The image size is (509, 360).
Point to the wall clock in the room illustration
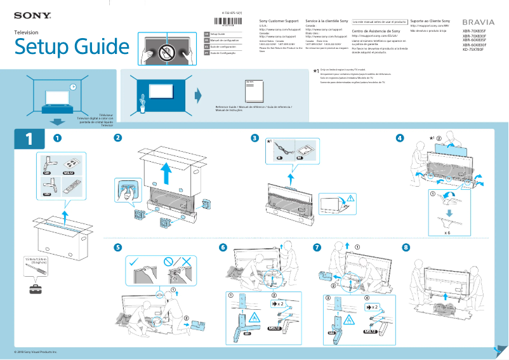pyautogui.click(x=73, y=87)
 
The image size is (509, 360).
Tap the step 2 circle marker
pyautogui.click(x=117, y=138)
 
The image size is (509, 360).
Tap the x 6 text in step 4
pyautogui.click(x=447, y=233)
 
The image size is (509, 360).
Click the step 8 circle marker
pyautogui.click(x=406, y=247)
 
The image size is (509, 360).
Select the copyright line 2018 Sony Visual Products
pyautogui.click(x=36, y=351)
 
